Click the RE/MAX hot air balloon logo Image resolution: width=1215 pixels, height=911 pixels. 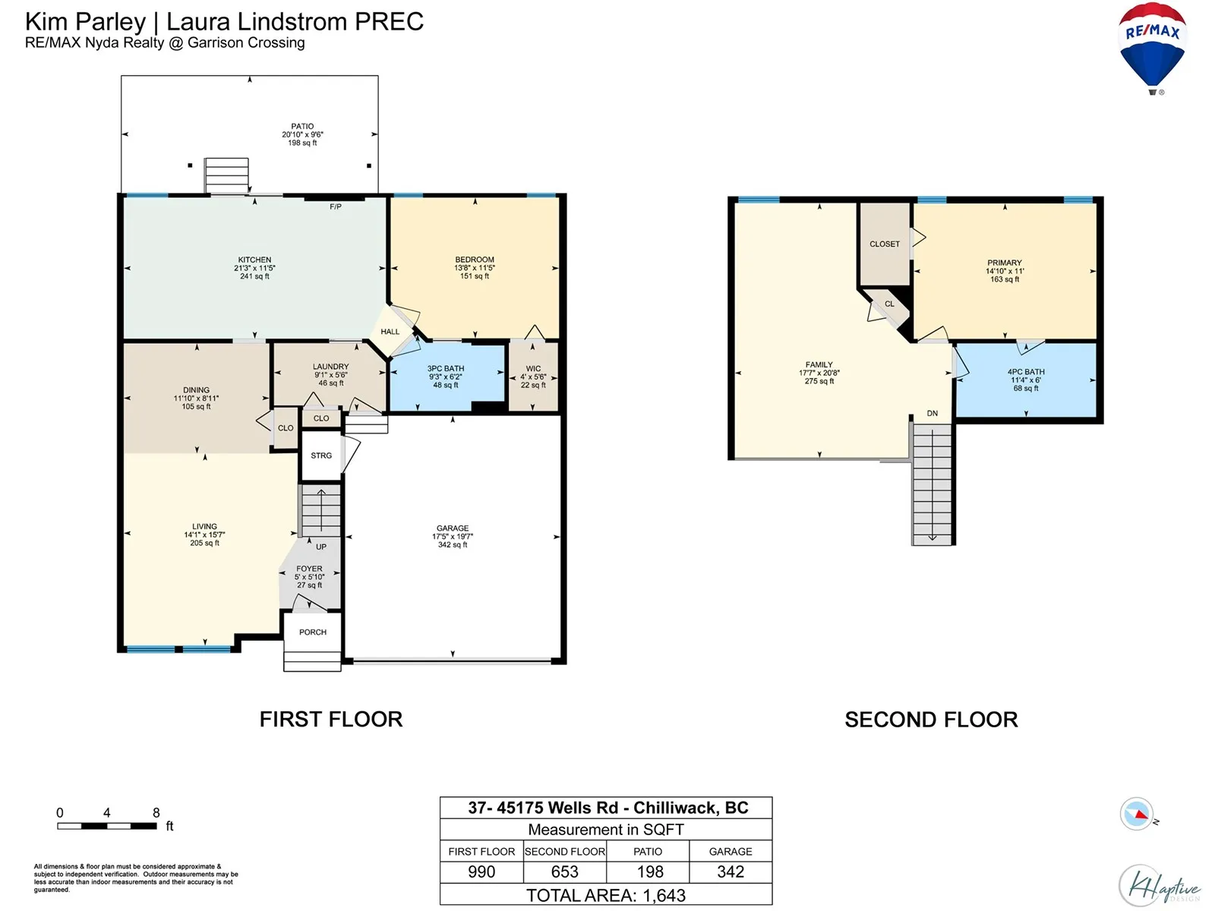click(x=1152, y=48)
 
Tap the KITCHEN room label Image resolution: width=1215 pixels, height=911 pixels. click(x=254, y=260)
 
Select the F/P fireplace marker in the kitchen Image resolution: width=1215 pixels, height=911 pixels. click(x=336, y=206)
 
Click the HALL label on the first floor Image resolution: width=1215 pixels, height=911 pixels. click(x=390, y=332)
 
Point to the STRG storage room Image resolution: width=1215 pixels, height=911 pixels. click(x=321, y=455)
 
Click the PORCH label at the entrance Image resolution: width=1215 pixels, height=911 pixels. click(x=313, y=632)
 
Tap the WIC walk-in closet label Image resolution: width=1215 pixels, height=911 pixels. click(x=533, y=368)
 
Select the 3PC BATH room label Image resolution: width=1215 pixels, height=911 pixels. click(x=446, y=368)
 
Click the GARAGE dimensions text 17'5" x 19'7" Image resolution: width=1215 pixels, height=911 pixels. click(x=453, y=537)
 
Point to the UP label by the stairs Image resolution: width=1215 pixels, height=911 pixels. click(x=321, y=547)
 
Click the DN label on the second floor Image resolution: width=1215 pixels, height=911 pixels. click(x=933, y=413)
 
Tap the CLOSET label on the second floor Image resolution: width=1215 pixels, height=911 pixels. click(x=885, y=244)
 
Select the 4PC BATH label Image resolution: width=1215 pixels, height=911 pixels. click(x=1026, y=372)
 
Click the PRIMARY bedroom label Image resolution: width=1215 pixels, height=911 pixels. click(x=1005, y=263)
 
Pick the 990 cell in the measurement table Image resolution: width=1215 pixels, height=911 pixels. click(x=481, y=872)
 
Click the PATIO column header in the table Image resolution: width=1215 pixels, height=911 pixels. click(x=648, y=852)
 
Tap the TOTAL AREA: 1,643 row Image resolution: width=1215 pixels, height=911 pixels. click(x=606, y=896)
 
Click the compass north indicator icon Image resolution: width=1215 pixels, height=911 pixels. click(x=1136, y=814)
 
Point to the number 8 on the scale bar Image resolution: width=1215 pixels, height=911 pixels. click(x=156, y=812)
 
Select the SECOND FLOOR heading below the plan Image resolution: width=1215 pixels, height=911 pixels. click(x=931, y=720)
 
